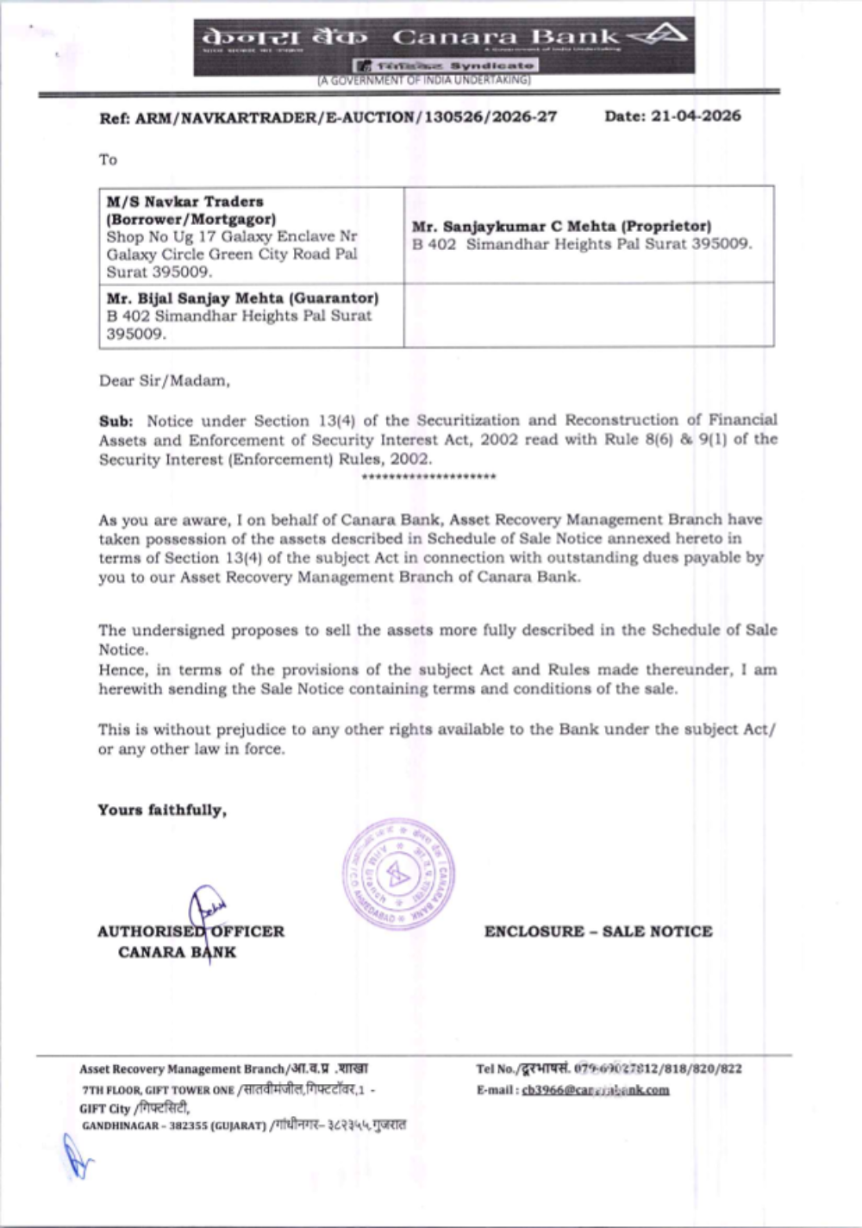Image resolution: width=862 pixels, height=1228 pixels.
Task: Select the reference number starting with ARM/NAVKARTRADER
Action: (346, 117)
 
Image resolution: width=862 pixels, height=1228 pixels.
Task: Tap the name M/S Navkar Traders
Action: (185, 201)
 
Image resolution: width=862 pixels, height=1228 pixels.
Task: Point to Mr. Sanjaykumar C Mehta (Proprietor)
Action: (561, 226)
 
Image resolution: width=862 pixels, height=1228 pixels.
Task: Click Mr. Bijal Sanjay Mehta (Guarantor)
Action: (242, 298)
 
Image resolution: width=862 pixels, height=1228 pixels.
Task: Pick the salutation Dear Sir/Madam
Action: (164, 380)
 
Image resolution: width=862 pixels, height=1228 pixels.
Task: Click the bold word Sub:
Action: (116, 421)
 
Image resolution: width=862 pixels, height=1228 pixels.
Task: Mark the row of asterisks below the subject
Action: (429, 477)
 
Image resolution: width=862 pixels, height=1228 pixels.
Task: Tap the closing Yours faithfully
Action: (162, 810)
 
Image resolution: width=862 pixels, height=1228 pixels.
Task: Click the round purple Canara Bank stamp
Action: (398, 874)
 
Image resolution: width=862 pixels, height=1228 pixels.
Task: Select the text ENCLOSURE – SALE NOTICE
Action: (598, 931)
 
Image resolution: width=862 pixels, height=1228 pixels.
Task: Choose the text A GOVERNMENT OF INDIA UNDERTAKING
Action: (424, 80)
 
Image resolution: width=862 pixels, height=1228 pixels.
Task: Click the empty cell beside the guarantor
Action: (589, 315)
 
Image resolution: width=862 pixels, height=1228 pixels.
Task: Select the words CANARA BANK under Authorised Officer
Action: (177, 952)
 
